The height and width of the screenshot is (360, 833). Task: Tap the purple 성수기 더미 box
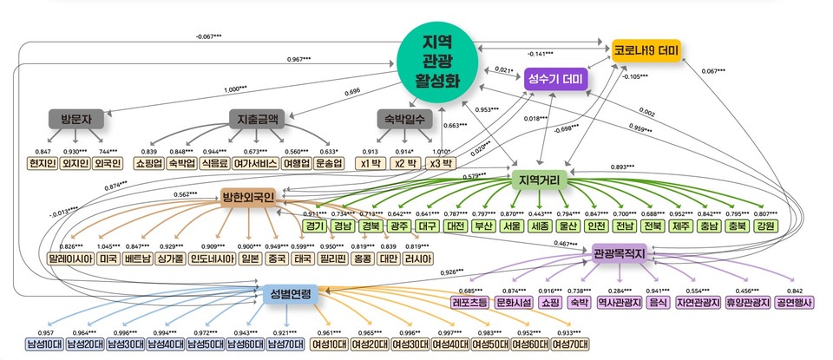[x=555, y=81]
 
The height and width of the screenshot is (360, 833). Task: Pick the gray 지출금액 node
[x=254, y=118]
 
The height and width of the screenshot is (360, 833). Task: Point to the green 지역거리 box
[x=540, y=180]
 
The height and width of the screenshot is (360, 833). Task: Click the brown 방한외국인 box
[x=247, y=198]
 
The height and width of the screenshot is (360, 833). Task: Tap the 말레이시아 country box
[x=71, y=259]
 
